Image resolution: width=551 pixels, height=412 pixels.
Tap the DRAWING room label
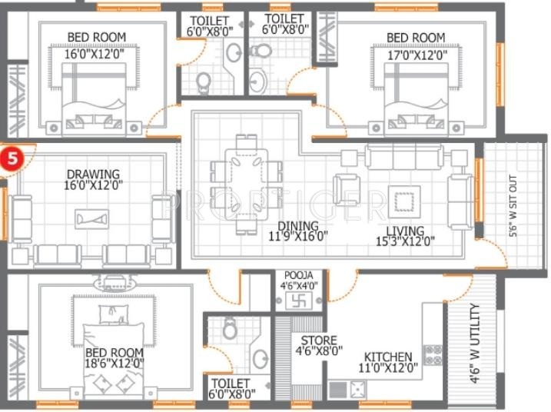coord(92,174)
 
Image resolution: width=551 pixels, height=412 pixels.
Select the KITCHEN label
coord(387,357)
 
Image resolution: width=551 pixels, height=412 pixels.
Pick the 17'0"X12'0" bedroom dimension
coord(415,55)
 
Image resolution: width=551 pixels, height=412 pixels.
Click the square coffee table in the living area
coord(403,201)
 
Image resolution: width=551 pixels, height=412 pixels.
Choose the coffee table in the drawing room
coord(91,220)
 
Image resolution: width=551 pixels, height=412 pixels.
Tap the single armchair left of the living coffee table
coord(347,190)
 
